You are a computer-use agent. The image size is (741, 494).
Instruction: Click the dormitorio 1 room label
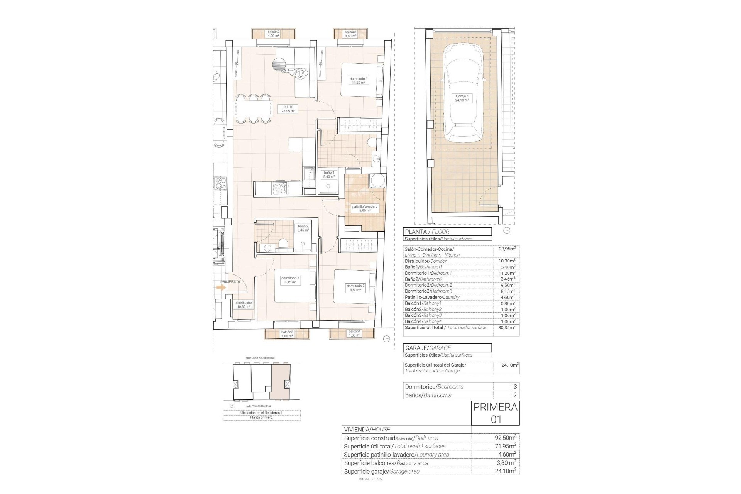tap(358, 80)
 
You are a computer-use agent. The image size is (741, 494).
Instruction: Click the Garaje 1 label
tap(462, 98)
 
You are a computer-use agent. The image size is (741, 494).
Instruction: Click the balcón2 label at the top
tap(273, 34)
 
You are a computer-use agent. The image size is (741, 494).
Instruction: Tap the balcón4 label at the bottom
tap(354, 333)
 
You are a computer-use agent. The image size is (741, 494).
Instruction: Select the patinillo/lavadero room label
tap(364, 209)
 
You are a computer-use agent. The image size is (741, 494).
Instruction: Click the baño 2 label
tap(303, 228)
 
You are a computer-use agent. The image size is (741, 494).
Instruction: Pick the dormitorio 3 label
tap(290, 280)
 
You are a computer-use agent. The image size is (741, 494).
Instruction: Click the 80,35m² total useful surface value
tap(507, 327)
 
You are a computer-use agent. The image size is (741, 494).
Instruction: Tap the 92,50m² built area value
tap(505, 438)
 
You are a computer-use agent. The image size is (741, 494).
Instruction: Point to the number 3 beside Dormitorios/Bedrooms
tap(515, 387)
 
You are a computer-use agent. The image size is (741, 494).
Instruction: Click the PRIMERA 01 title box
tap(495, 413)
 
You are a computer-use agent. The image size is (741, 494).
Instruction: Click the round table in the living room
tap(279, 64)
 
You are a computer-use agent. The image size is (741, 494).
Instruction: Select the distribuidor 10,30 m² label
tap(244, 305)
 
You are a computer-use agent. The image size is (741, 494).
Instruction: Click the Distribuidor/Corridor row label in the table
tap(425, 261)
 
